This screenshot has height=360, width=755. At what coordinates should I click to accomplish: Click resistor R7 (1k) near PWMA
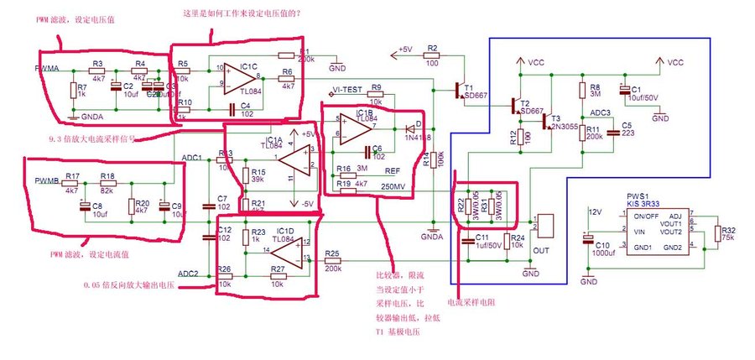[71, 89]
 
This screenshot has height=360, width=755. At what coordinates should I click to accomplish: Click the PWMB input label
[46, 180]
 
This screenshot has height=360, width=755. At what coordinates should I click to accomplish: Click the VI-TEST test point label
[346, 90]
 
